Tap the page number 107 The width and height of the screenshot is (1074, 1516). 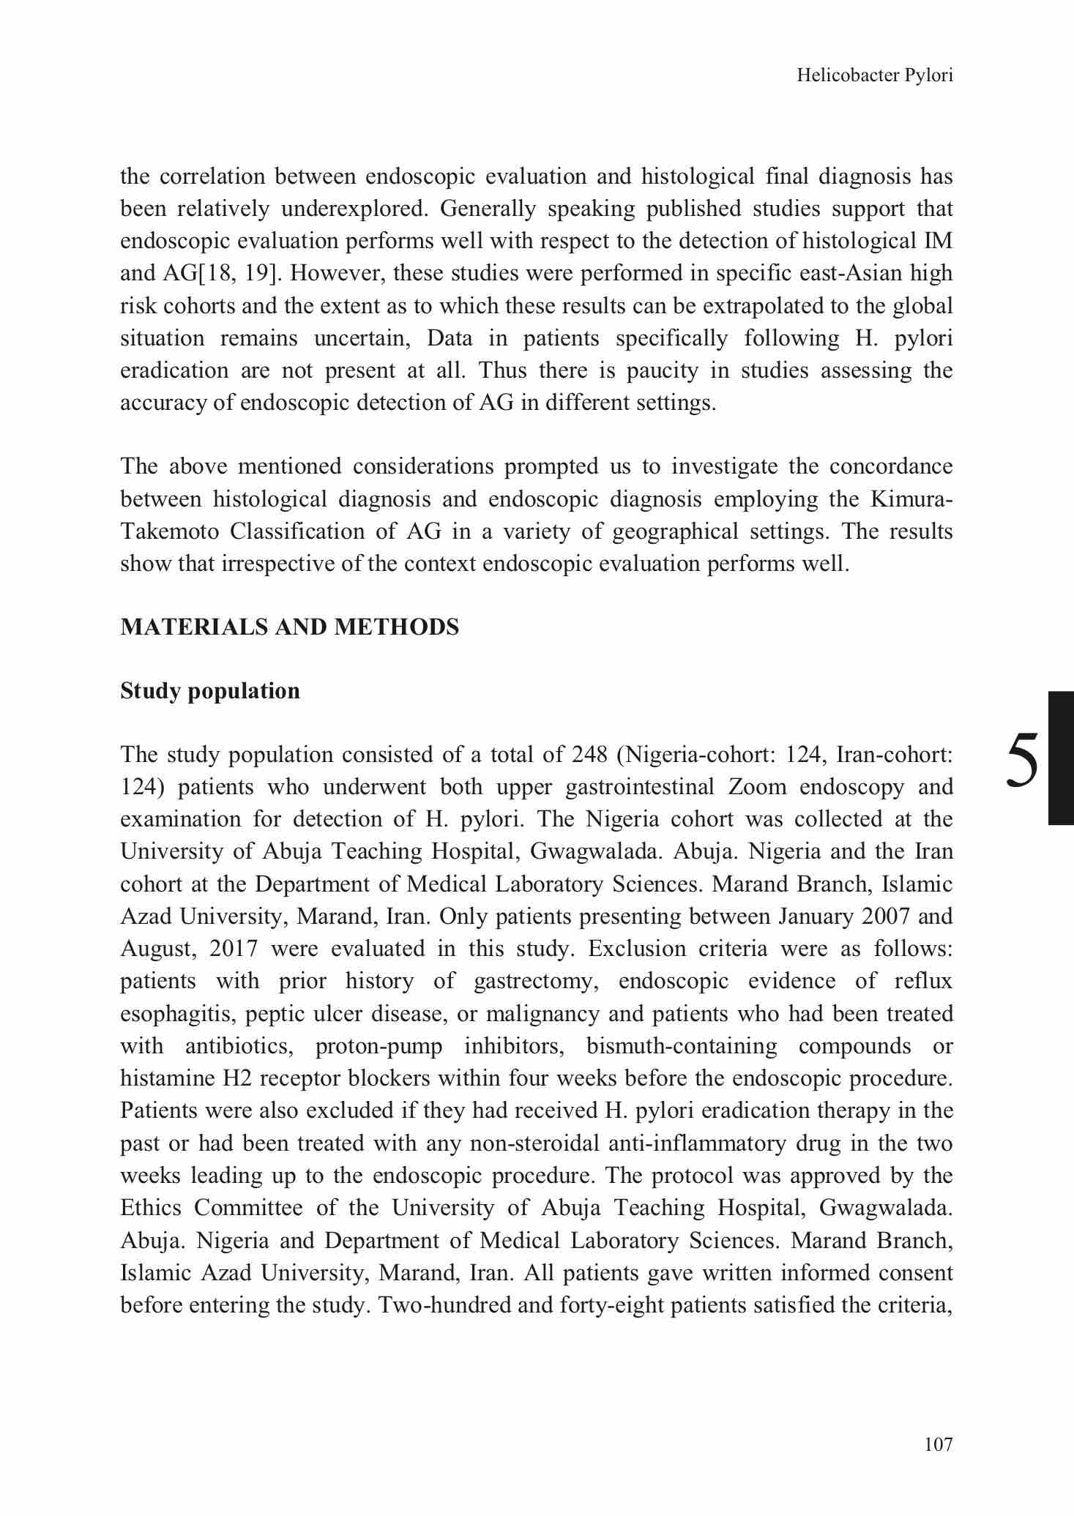[939, 1444]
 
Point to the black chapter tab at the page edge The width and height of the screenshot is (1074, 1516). [1061, 758]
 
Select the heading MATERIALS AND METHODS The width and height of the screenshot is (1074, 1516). [289, 627]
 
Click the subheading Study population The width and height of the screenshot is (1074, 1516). [210, 691]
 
